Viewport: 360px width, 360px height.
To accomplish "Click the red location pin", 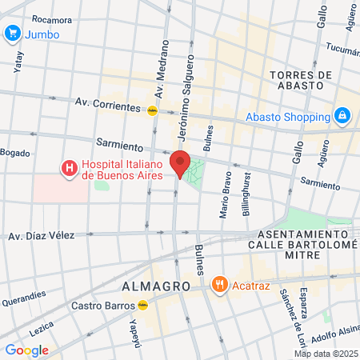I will (180, 162).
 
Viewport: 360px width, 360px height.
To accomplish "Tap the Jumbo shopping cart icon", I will (12, 34).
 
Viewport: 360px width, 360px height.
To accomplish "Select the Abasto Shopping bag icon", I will (342, 114).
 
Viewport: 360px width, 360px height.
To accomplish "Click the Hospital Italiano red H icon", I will (70, 168).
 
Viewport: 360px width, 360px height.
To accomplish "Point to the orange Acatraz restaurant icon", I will (218, 284).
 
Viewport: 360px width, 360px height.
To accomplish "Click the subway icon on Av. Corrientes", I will (152, 111).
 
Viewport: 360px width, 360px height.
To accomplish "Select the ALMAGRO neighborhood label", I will (156, 286).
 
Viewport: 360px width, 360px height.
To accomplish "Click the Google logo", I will (26, 350).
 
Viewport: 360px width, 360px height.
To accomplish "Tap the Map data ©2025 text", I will (326, 354).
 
